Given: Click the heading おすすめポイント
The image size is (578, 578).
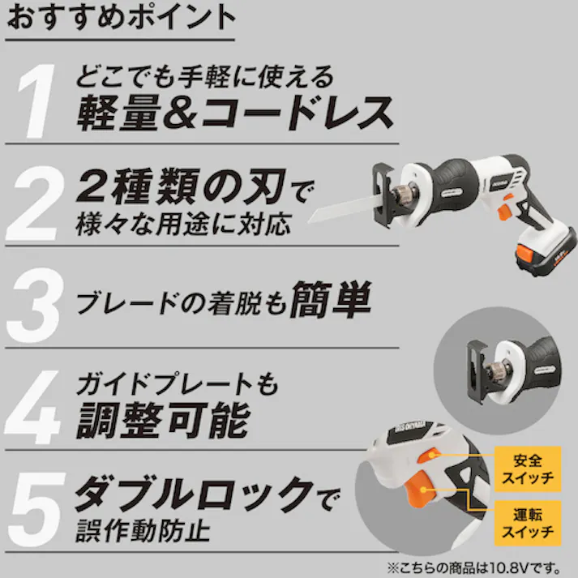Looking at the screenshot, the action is (x=121, y=17).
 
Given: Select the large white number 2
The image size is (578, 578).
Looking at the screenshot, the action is (x=36, y=203).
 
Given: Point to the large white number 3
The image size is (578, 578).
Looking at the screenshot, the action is (x=36, y=306).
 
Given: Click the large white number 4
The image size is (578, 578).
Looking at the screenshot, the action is (x=32, y=407).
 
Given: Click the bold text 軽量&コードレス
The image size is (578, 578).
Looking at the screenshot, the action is (x=235, y=113).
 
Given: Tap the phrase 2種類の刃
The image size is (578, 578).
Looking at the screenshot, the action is (x=181, y=186).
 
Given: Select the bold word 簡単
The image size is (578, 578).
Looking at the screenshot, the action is (x=331, y=299).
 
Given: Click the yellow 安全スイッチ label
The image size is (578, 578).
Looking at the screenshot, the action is (x=528, y=469).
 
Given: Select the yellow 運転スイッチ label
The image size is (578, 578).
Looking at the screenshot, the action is (x=528, y=523).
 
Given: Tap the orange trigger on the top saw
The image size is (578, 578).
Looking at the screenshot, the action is (x=503, y=213).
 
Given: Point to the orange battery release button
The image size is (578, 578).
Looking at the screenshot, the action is (x=525, y=254).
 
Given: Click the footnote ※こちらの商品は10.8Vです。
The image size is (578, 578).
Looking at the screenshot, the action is (x=474, y=567).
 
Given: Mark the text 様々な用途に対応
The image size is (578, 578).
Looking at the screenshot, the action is (x=183, y=224).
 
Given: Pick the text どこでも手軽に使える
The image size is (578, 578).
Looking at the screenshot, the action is (x=205, y=77).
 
